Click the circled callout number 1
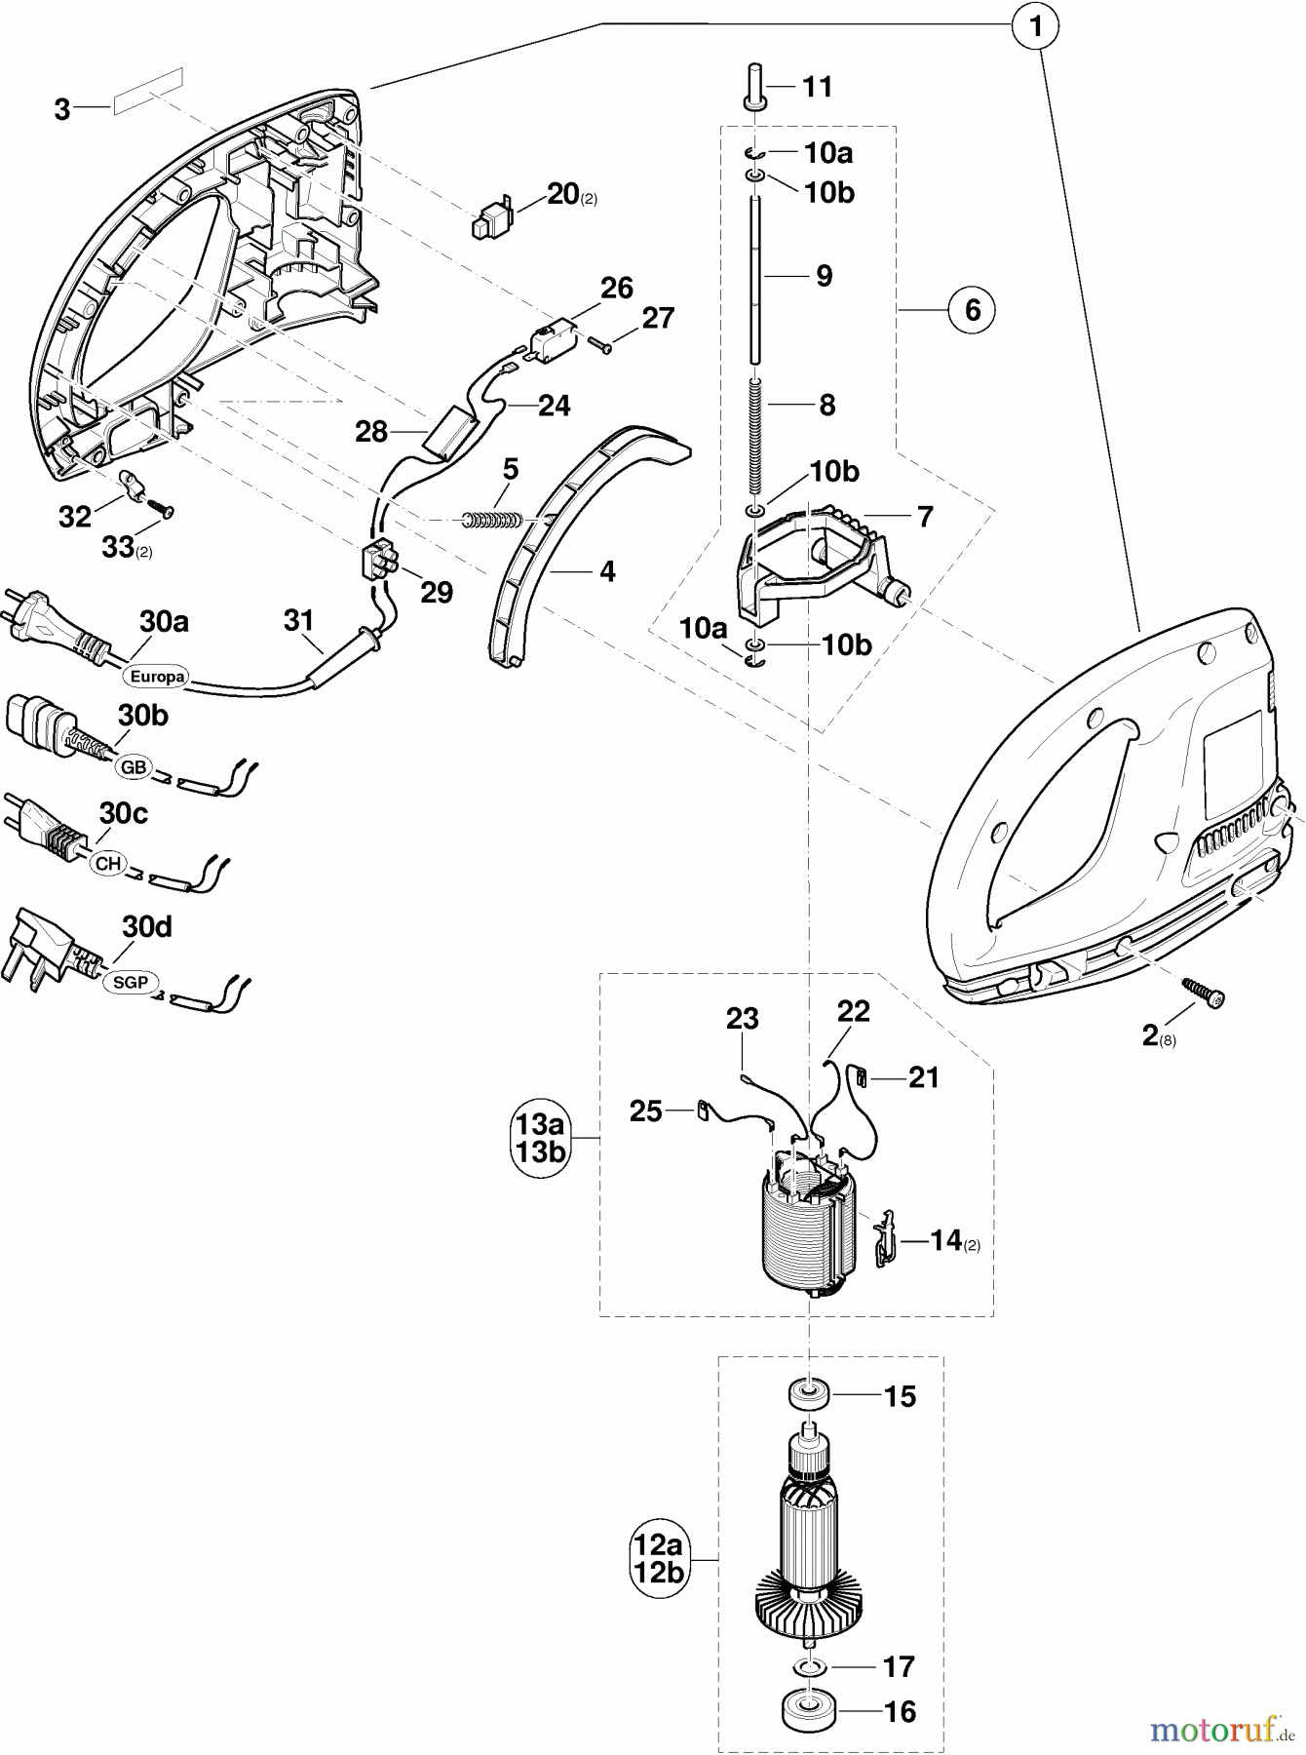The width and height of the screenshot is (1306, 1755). pyautogui.click(x=1037, y=27)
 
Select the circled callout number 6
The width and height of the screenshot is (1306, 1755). pyautogui.click(x=972, y=311)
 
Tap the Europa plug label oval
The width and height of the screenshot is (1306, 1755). pyautogui.click(x=156, y=676)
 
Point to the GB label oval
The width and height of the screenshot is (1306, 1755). pyautogui.click(x=134, y=766)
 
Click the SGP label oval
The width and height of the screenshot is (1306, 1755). pyautogui.click(x=131, y=982)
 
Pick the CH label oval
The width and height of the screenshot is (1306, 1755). pyautogui.click(x=108, y=864)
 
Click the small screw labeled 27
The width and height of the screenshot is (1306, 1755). pyautogui.click(x=598, y=341)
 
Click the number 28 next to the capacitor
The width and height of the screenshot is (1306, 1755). pyautogui.click(x=371, y=431)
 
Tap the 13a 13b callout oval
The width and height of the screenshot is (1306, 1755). pyautogui.click(x=541, y=1137)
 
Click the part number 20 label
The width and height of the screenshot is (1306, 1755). pyautogui.click(x=563, y=194)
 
